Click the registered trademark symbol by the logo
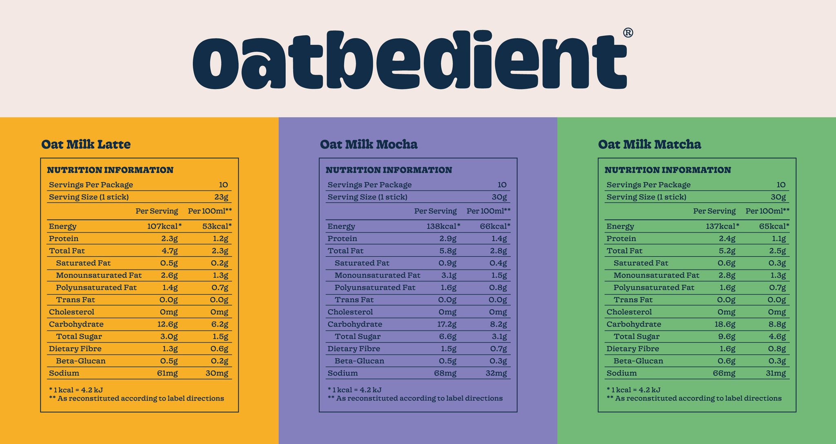pyautogui.click(x=628, y=33)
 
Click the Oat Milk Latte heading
pyautogui.click(x=86, y=144)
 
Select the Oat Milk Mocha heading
pyautogui.click(x=369, y=144)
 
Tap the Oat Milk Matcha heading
pyautogui.click(x=649, y=144)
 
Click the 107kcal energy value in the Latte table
pyautogui.click(x=164, y=226)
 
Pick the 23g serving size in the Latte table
pyautogui.click(x=221, y=197)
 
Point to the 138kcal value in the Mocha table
pyautogui.click(x=442, y=226)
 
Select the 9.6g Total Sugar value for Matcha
pyautogui.click(x=727, y=337)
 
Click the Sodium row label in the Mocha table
pyautogui.click(x=342, y=373)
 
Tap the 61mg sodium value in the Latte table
pyautogui.click(x=167, y=373)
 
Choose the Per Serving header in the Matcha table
pyautogui.click(x=714, y=211)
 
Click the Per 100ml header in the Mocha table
pyautogui.click(x=488, y=211)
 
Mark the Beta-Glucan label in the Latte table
pyautogui.click(x=80, y=361)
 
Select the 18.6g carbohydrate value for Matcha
pyautogui.click(x=725, y=324)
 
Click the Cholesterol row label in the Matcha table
pyautogui.click(x=629, y=312)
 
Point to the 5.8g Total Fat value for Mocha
pyautogui.click(x=448, y=251)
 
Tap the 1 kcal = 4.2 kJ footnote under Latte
pyautogui.click(x=76, y=390)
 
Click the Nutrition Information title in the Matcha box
pyautogui.click(x=667, y=170)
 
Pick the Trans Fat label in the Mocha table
pyautogui.click(x=354, y=300)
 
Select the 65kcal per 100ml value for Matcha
pyautogui.click(x=774, y=226)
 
